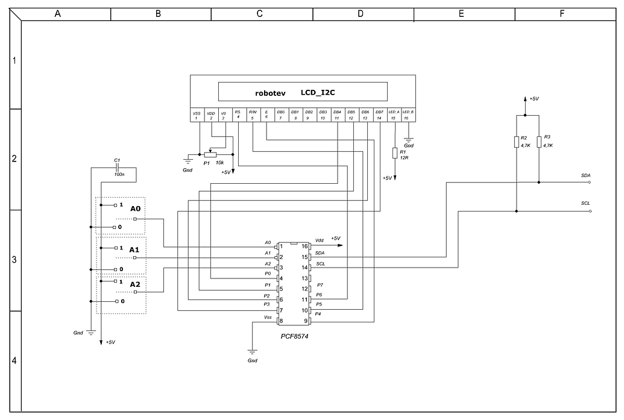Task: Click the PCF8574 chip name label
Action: coord(294,335)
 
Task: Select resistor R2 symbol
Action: coord(517,142)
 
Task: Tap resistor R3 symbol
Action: coord(538,142)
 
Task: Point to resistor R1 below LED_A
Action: coord(395,153)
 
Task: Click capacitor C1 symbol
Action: coord(118,168)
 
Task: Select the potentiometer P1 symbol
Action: coord(210,155)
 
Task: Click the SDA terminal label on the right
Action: coord(585,175)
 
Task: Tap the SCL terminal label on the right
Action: coord(585,204)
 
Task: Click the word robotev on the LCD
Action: coord(270,94)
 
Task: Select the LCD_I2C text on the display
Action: coord(317,93)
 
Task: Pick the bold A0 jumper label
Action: coord(135,208)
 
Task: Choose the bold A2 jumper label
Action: coord(135,284)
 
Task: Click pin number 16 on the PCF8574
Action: coord(305,246)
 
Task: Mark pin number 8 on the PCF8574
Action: coord(281,321)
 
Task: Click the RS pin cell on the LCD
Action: coord(238,114)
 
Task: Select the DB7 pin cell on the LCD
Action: coord(379,114)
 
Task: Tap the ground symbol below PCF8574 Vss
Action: coord(252,351)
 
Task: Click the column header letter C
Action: coord(259,13)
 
